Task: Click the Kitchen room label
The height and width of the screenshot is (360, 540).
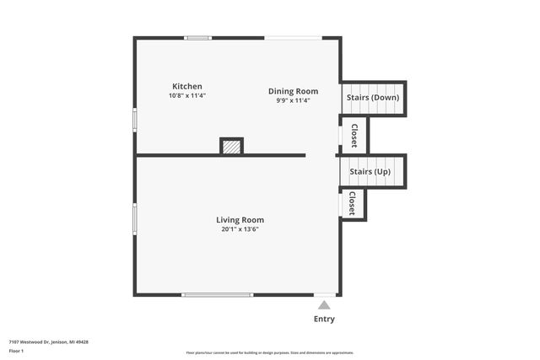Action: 186,86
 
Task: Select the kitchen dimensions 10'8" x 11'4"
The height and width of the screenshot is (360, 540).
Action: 186,95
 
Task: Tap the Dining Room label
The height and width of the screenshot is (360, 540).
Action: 293,91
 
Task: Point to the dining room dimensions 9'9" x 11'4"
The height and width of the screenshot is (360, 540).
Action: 293,100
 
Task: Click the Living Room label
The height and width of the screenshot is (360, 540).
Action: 240,220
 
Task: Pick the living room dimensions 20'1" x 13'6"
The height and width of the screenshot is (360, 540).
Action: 240,228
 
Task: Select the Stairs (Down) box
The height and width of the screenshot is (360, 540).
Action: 373,98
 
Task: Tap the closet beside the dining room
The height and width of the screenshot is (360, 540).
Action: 354,136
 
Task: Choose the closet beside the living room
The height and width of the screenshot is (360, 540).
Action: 353,203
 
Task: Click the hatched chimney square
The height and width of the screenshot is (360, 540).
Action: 231,147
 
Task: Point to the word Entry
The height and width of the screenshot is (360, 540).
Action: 324,319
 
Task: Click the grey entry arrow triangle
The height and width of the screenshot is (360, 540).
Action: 324,304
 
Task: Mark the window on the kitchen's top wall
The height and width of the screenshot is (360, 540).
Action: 198,37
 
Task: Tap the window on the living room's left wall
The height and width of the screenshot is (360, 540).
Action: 135,218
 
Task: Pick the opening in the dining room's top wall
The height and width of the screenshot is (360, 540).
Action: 293,37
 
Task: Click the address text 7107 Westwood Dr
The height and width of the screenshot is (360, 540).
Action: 48,341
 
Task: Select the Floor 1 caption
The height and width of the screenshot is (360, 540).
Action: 16,350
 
